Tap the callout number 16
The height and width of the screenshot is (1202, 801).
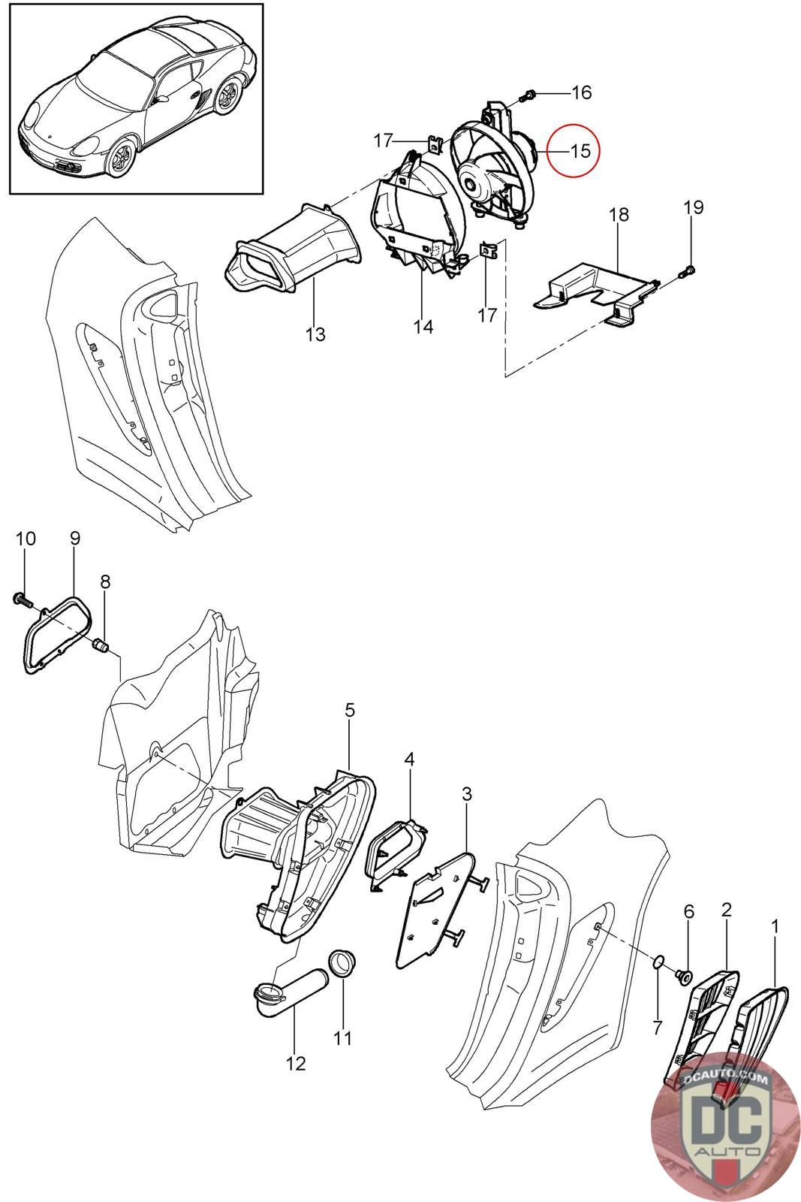[581, 92]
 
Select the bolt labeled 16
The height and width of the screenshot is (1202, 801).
[528, 95]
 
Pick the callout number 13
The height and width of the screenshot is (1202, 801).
[315, 334]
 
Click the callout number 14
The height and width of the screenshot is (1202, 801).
[423, 327]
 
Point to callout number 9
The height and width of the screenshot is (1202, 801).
[75, 538]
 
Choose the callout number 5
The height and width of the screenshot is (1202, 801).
[350, 710]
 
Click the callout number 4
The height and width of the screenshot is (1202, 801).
[409, 759]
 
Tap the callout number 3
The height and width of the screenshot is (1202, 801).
[467, 793]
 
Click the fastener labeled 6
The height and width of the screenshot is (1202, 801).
[684, 976]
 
